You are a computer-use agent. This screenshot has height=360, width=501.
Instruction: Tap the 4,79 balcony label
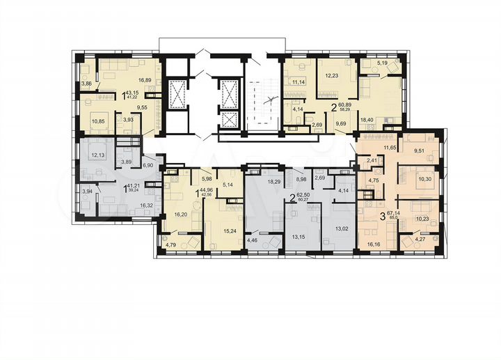point(171,244)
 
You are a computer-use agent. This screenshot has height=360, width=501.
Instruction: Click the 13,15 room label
point(298,235)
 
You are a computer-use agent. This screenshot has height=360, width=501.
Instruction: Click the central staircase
point(264,101)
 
